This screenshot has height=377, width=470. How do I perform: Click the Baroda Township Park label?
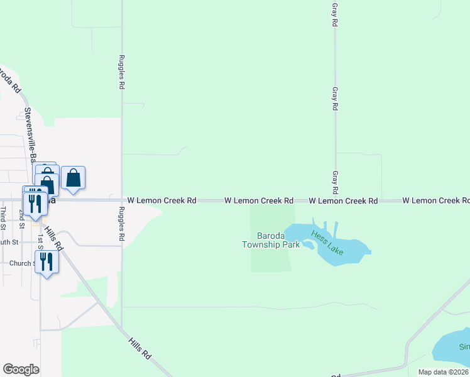coord(271,241)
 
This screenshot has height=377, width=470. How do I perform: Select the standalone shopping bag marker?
coord(74,178)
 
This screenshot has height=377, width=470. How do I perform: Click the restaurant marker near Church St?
coord(46,261)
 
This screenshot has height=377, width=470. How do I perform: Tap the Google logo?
coord(21,369)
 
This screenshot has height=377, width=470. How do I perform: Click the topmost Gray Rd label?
coord(335,13)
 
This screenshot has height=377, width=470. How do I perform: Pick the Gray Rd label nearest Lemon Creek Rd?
coord(336,183)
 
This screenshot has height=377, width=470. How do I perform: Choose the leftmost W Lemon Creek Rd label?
coord(162,200)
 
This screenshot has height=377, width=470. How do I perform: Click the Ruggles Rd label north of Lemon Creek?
coord(122,72)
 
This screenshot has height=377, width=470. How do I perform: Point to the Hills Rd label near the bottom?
coord(139,347)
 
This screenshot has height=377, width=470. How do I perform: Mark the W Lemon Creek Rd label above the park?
coord(259,200)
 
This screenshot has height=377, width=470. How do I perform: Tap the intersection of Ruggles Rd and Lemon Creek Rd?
coord(122,200)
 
